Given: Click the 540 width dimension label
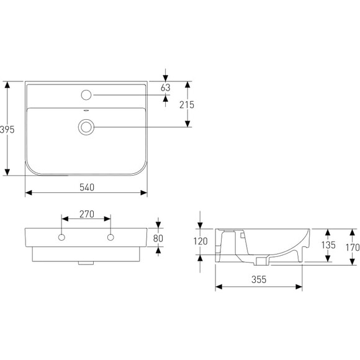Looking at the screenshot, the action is (x=87, y=187).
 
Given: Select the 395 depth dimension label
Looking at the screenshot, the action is (x=7, y=130).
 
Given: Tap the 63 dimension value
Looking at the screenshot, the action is (x=166, y=88).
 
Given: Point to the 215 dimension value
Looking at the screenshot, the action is (x=187, y=105).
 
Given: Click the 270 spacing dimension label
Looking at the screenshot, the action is (x=87, y=214).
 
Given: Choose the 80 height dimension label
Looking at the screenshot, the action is (x=158, y=238).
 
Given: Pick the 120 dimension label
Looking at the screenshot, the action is (x=200, y=241).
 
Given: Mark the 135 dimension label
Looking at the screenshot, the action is (x=328, y=245).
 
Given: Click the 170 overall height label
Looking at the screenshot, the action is (x=353, y=248).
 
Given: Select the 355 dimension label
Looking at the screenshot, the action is (x=259, y=279).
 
